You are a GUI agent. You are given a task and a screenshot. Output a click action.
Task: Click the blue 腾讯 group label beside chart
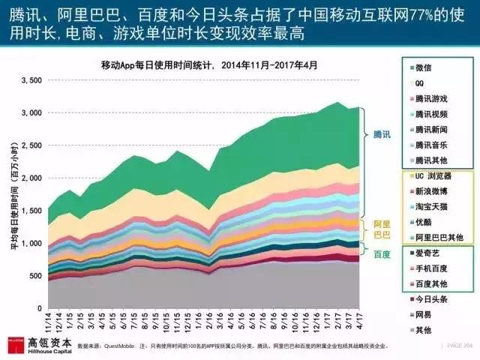tap(382, 135)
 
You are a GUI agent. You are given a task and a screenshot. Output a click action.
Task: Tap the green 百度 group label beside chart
tap(382, 254)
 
